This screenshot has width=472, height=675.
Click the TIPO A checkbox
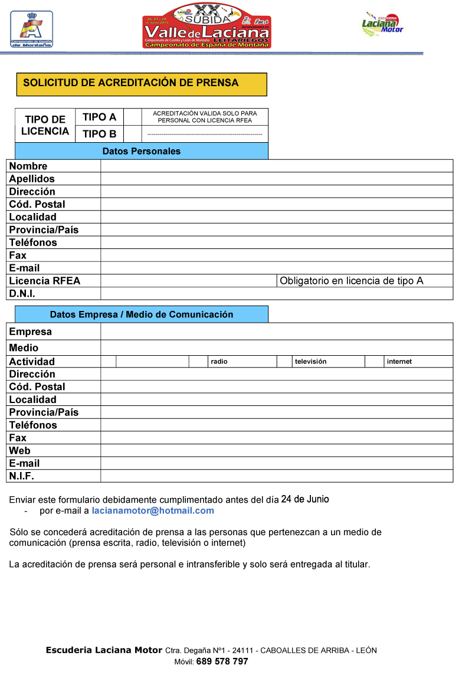click(133, 117)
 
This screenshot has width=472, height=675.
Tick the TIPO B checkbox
click(133, 134)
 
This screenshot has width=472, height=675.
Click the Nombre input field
click(277, 166)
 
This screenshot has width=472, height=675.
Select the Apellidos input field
click(277, 179)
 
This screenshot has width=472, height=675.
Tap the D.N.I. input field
click(277, 293)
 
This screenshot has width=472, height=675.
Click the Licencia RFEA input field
click(189, 281)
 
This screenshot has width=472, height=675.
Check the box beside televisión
click(284, 362)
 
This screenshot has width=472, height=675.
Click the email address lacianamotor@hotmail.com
click(153, 511)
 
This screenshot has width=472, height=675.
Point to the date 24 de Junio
click(305, 499)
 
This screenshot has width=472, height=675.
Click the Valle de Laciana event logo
click(206, 25)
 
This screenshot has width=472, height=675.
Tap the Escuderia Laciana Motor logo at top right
click(382, 24)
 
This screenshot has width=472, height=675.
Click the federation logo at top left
click(31, 28)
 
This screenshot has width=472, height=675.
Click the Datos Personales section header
click(142, 151)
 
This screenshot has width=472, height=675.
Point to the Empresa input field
click(277, 332)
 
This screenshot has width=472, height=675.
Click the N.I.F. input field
click(277, 476)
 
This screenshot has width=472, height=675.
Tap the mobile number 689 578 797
click(222, 661)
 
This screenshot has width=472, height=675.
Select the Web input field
click(277, 451)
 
